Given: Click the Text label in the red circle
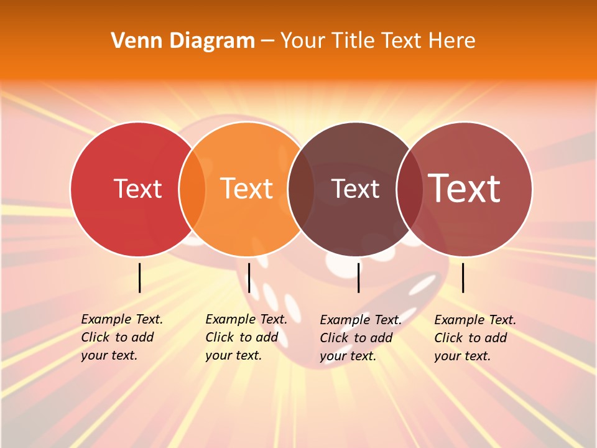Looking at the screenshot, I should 137,189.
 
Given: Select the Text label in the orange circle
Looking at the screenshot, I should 247,189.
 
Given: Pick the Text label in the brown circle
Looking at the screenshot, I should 355,189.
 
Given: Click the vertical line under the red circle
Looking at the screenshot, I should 139,278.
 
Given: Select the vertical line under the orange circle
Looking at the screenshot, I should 249,278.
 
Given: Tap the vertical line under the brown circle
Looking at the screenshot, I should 358,278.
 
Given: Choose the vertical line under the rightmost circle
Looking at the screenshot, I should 463,278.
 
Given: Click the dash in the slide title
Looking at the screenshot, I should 267,41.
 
